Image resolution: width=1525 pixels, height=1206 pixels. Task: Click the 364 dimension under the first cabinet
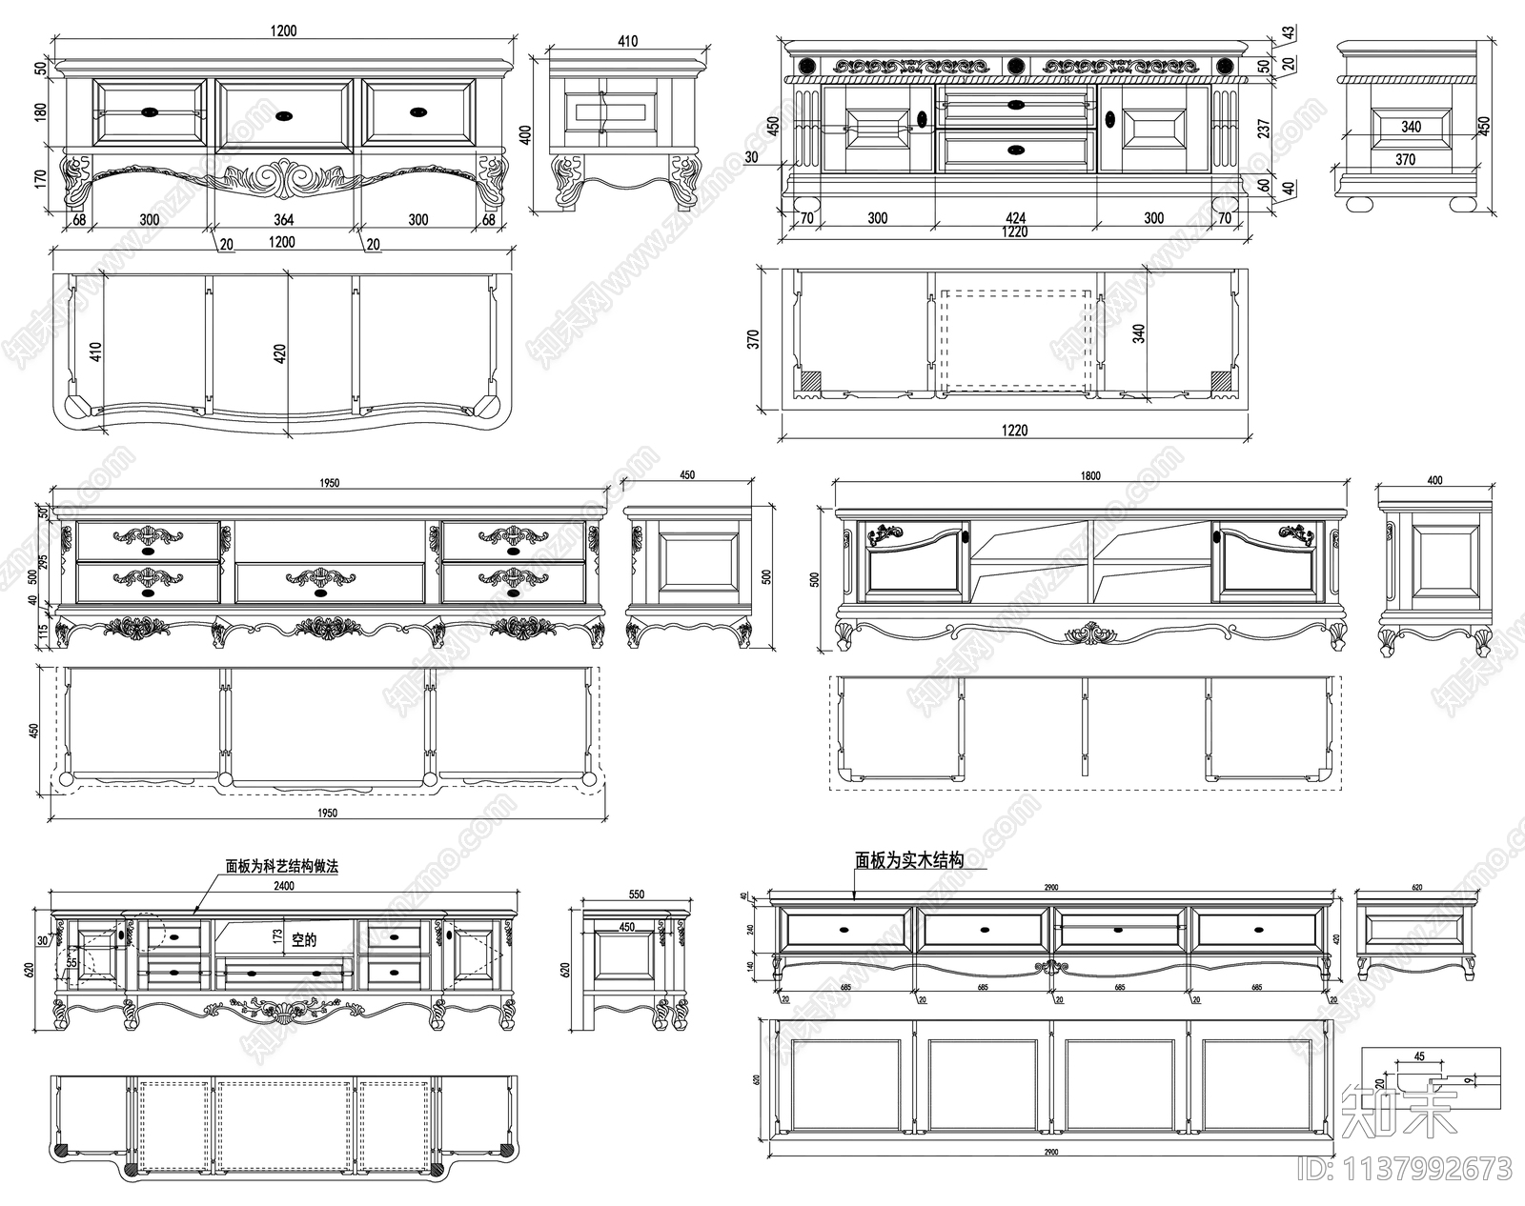tap(283, 219)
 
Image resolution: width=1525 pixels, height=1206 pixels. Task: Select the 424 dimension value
tap(1015, 217)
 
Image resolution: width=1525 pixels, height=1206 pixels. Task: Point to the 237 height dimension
tap(1264, 128)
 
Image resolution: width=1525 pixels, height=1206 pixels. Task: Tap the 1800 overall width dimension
tap(1091, 475)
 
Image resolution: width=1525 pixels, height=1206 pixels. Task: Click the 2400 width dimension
tap(283, 885)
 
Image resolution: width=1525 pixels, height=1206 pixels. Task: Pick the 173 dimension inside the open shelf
tap(277, 936)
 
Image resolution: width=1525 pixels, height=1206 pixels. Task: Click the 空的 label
tap(304, 940)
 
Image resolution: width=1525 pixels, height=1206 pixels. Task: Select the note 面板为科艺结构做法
tap(282, 867)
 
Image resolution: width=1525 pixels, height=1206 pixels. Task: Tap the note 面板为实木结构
tap(908, 860)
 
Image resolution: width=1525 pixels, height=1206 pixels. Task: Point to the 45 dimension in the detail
tap(1419, 1055)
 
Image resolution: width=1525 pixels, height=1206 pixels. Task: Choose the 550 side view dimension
tap(637, 894)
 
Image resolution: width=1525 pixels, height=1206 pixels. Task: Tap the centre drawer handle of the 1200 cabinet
tap(284, 116)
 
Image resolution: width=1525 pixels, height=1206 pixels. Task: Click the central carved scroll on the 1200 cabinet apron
tap(283, 180)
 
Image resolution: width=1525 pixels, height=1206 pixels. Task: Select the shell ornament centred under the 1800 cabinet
tap(1091, 633)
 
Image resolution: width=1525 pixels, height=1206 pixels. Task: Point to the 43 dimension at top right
tap(1288, 33)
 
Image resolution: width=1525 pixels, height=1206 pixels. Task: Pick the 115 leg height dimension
tap(43, 632)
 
